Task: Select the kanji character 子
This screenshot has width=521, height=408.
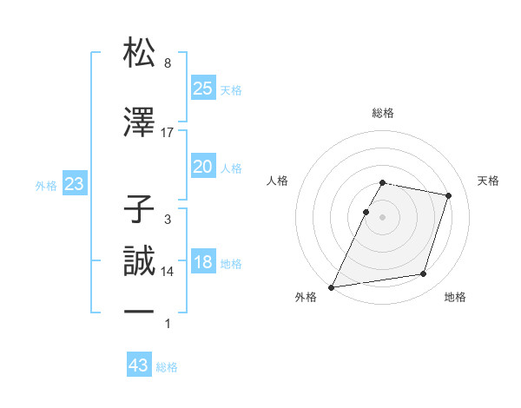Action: (x=140, y=209)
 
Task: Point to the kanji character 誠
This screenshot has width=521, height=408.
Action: (x=140, y=261)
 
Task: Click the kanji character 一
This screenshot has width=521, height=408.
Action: (x=140, y=311)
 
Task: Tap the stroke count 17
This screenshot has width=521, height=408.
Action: (x=168, y=132)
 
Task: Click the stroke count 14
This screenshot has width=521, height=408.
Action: (x=168, y=272)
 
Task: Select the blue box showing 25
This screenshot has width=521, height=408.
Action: (x=202, y=88)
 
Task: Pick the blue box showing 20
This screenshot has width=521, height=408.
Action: (x=202, y=167)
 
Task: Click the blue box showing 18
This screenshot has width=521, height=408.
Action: (x=202, y=262)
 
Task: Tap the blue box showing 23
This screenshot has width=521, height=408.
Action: (x=74, y=184)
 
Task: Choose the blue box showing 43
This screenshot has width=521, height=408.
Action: (x=139, y=365)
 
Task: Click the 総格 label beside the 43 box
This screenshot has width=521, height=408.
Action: (x=167, y=367)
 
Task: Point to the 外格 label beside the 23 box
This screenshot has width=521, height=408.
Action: (x=46, y=185)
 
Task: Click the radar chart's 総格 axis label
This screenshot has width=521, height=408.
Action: (x=383, y=113)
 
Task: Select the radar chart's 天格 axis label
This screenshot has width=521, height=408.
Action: (x=489, y=181)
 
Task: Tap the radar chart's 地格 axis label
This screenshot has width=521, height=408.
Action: (x=455, y=297)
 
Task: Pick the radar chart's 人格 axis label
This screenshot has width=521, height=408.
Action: (x=277, y=181)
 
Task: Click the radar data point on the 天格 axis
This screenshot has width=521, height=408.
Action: (x=449, y=195)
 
